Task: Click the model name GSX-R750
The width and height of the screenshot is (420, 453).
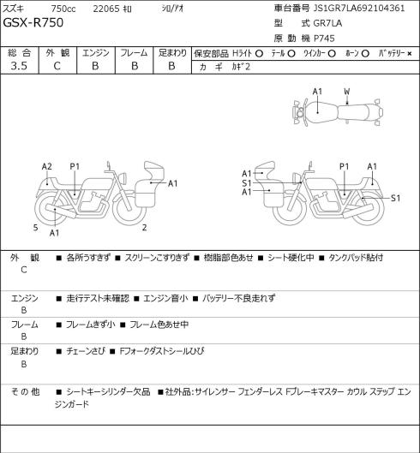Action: [x=33, y=22]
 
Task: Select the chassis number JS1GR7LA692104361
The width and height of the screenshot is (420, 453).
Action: [x=359, y=8]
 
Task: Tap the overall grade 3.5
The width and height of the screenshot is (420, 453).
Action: [x=19, y=66]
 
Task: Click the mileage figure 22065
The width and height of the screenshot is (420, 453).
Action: [x=106, y=9]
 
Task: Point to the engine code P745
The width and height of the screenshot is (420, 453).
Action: [x=324, y=39]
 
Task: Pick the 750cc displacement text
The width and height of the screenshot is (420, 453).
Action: [x=63, y=9]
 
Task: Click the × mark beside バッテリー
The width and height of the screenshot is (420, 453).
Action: [x=410, y=54]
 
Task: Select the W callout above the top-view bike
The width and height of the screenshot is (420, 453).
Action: [x=346, y=92]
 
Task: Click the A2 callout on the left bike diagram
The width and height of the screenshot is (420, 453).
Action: [x=47, y=166]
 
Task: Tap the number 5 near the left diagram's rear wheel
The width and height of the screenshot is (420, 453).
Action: [x=36, y=228]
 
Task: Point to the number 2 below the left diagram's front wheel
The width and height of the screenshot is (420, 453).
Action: [x=144, y=228]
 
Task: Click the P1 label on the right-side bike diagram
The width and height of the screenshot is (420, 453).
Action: [x=344, y=166]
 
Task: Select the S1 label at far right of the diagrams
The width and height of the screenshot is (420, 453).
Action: [x=395, y=198]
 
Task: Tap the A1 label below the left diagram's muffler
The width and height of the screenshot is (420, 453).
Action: [x=54, y=233]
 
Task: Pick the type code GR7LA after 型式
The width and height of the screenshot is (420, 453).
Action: [x=327, y=23]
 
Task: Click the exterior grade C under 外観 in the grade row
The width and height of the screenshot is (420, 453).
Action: [x=57, y=66]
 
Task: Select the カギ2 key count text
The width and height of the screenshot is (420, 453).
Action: [x=241, y=67]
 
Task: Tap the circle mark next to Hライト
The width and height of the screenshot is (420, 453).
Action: [x=259, y=54]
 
